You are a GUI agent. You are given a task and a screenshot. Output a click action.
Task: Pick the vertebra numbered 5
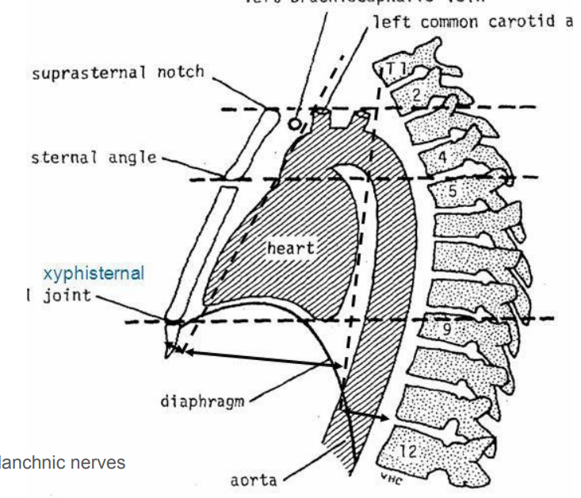pos(455,192)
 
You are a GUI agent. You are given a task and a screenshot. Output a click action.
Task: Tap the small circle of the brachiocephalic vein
pos(295,124)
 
